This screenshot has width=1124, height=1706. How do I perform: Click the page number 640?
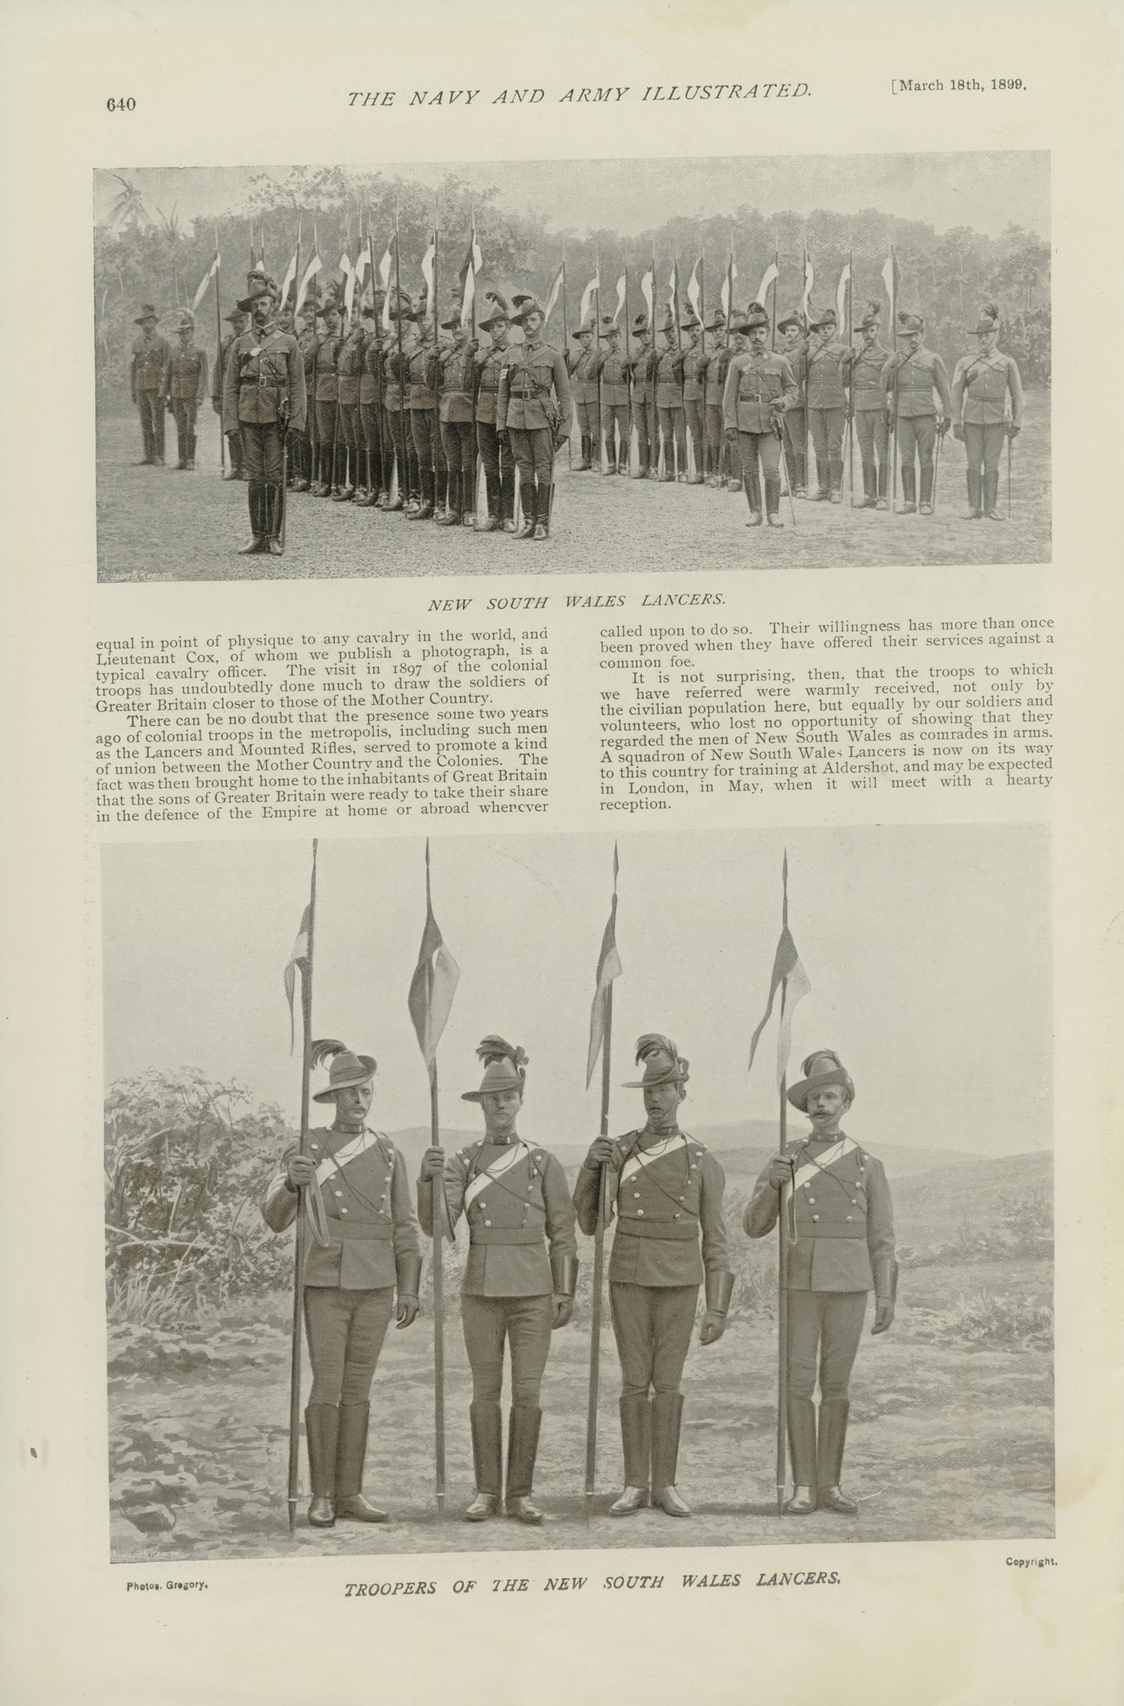click(120, 104)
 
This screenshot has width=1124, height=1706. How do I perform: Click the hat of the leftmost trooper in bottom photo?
click(344, 1069)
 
